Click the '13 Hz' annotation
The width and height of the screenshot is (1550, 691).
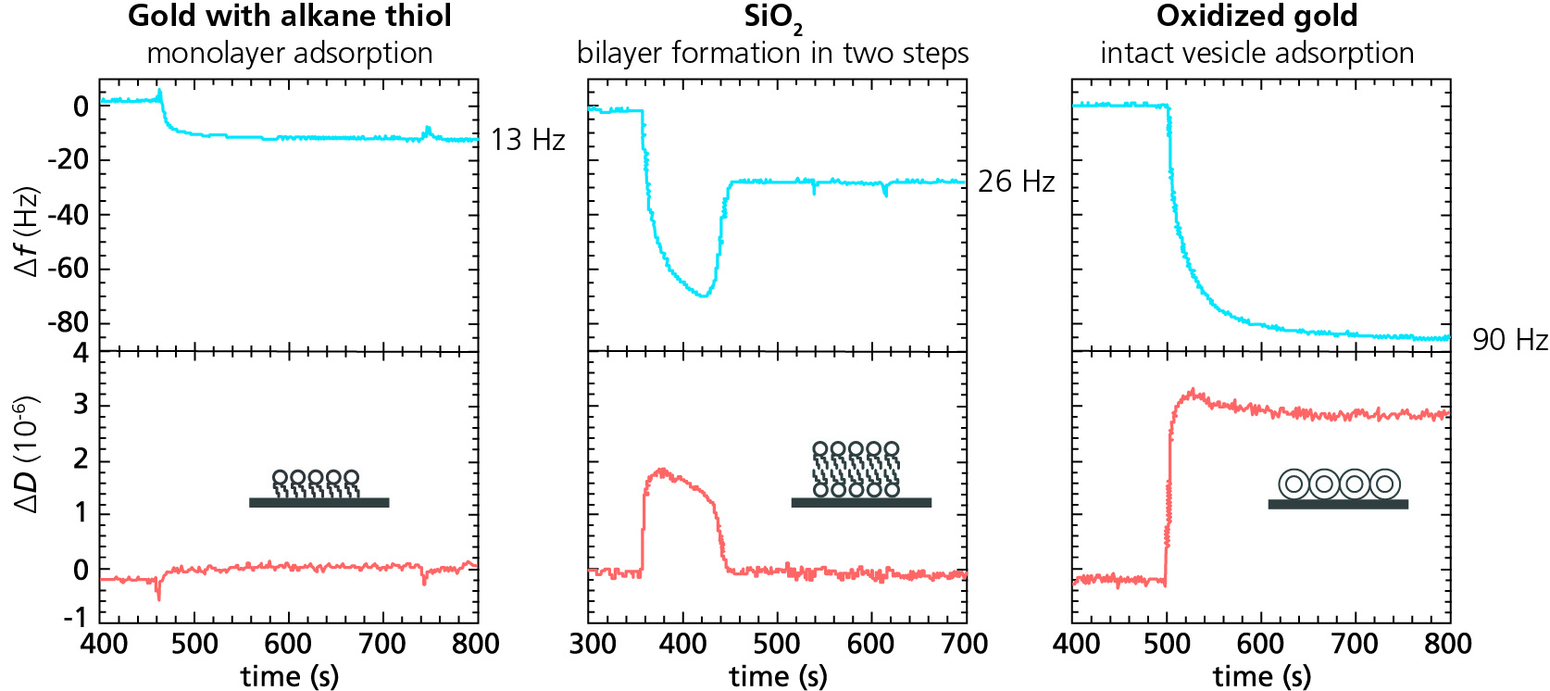pos(527,140)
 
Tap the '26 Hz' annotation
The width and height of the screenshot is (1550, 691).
pos(1016,182)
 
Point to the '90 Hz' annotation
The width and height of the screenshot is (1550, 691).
pos(1509,340)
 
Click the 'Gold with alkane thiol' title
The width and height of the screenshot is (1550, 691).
pos(289,16)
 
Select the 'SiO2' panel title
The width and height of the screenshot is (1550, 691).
pos(773,18)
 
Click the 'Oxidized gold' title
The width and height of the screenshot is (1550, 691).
pos(1256,16)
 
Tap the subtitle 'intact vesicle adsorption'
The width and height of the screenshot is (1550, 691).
pos(1256,53)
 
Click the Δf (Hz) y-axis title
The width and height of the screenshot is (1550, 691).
pos(28,231)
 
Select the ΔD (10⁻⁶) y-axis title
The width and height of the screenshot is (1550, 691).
pos(28,454)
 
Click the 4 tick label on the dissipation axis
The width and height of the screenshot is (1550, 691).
pos(81,353)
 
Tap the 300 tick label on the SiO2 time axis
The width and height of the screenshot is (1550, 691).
pos(592,644)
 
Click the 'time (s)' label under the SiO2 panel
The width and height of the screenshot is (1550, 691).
pos(778,676)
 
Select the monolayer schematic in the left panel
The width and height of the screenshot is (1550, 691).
pos(319,488)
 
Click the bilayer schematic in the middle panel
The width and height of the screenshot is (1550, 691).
pos(860,474)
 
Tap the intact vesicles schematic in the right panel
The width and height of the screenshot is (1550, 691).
pos(1338,488)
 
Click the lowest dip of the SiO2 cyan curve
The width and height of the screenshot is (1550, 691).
pos(705,295)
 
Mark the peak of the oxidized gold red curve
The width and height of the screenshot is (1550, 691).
pos(1193,391)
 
